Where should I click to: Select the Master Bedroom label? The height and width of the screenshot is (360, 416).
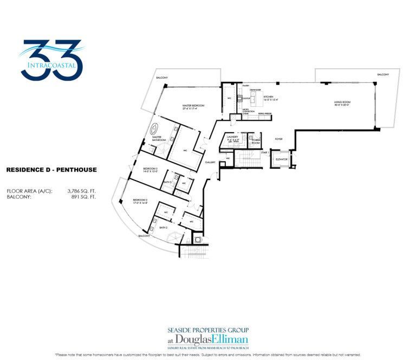194,107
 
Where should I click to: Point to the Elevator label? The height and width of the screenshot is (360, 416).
281,159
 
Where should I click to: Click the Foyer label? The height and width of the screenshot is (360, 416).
279,138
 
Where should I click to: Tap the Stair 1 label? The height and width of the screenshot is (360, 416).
265,153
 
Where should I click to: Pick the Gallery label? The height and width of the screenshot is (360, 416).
211,162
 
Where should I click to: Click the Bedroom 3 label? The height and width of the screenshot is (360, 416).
150,170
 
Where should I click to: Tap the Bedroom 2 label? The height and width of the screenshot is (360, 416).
140,201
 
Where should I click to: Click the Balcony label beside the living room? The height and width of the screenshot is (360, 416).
383,74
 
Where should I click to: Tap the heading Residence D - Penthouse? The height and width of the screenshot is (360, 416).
51,170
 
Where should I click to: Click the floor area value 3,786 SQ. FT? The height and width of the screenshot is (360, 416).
81,191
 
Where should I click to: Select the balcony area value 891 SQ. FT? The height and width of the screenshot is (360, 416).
85,197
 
